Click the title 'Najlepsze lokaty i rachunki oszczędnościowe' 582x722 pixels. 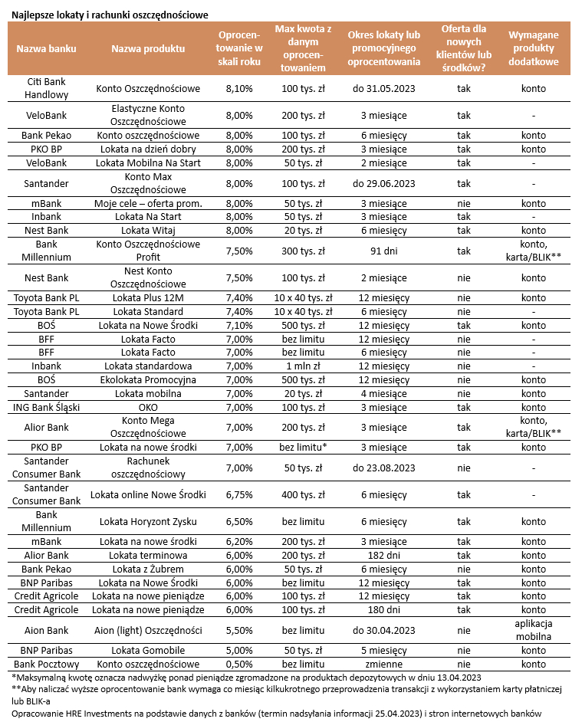110,15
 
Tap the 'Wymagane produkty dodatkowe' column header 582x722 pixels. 533,49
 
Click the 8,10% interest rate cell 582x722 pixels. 239,89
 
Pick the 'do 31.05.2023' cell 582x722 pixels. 384,89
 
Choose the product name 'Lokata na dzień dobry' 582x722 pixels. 148,149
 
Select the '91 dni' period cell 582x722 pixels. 384,251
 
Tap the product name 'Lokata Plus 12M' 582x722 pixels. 148,297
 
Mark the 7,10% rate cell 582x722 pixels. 239,325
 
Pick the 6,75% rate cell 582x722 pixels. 239,495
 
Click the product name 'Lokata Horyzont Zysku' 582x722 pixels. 148,522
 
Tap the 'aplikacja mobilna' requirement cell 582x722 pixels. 533,630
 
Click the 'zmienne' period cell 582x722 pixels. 384,664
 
